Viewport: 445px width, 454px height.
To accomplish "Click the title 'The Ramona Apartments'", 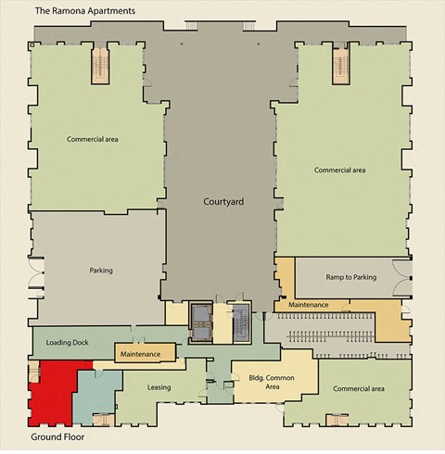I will point(84,10).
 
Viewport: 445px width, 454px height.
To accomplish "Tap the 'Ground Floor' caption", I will point(60,436).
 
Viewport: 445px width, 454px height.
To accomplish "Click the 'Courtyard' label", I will point(222,200).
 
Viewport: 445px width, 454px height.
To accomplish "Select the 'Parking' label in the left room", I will point(100,271).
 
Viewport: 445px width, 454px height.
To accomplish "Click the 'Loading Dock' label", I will point(66,340).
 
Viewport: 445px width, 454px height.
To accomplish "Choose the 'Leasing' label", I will point(159,386).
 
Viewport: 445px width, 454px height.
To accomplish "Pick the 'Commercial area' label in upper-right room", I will point(339,170).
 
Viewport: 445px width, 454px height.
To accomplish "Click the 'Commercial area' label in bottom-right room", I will point(358,388).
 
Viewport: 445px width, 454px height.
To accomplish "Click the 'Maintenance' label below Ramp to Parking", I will point(309,304).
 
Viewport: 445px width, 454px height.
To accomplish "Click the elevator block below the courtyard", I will point(200,317).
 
